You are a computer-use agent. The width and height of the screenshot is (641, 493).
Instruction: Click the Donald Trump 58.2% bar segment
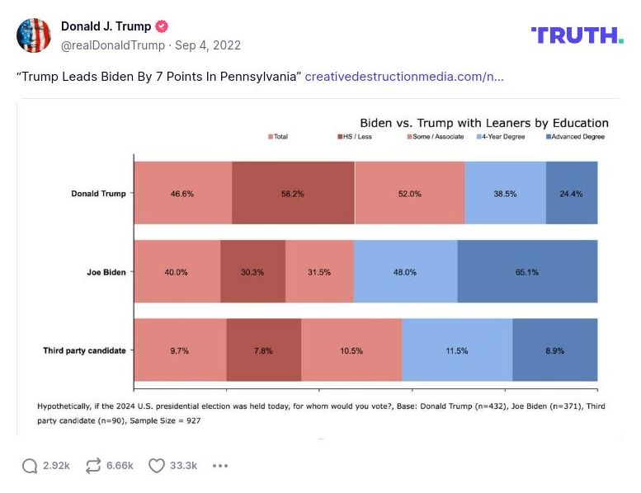pos(293,193)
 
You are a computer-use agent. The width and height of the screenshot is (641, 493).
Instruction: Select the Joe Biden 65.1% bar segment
pos(527,272)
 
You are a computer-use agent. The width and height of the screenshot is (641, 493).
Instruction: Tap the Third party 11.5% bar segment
pos(457,350)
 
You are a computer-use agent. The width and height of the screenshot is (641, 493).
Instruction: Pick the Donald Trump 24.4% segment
pos(572,193)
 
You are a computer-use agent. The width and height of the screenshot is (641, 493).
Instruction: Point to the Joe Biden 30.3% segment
pos(252,272)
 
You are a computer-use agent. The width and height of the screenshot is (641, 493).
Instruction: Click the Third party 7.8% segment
pos(264,350)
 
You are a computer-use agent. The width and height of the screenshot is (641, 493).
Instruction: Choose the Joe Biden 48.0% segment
pos(405,272)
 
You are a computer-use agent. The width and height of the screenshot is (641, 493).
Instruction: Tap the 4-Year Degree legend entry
pos(502,137)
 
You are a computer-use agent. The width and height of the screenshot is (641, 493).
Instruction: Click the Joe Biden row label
pos(106,272)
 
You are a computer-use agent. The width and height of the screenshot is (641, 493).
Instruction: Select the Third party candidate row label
pos(84,350)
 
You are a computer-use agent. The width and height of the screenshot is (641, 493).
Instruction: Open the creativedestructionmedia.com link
pos(404,77)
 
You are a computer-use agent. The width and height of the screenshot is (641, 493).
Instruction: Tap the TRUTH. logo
pos(577,35)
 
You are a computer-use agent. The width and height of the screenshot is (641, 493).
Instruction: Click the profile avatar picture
pos(34,35)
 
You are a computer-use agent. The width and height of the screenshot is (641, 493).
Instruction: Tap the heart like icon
pos(156,466)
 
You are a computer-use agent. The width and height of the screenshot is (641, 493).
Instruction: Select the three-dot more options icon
pos(219,466)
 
